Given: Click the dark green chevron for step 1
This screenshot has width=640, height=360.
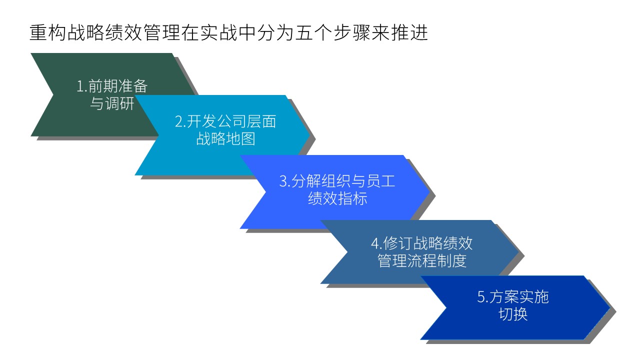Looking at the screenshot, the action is click(85, 94).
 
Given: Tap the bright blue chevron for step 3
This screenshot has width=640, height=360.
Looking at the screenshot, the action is click(337, 191).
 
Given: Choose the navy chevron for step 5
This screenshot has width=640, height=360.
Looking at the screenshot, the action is click(514, 307).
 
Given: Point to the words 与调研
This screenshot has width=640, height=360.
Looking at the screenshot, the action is click(112, 103).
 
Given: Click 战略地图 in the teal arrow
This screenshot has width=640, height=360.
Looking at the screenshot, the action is click(225, 139).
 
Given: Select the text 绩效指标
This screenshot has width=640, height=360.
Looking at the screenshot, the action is click(337, 198).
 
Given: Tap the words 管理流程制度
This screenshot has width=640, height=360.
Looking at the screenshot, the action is click(422, 261).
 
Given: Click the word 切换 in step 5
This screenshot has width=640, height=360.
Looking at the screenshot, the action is click(513, 314).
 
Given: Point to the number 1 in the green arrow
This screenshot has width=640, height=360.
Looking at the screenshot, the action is click(80, 86).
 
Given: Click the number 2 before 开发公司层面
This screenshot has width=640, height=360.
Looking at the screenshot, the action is click(179, 121).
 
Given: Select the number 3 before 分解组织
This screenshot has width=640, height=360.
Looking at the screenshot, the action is click(283, 181).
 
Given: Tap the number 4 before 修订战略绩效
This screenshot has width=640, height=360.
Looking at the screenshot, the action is click(375, 243).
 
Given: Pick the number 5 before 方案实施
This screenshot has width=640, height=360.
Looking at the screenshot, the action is click(481, 297).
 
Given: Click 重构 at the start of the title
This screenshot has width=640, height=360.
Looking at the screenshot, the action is click(48, 32).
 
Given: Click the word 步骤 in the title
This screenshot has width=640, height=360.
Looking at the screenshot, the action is click(352, 32).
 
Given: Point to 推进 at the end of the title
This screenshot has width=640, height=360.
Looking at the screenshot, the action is click(409, 32).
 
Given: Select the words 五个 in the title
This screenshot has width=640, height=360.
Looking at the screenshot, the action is click(313, 32).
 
